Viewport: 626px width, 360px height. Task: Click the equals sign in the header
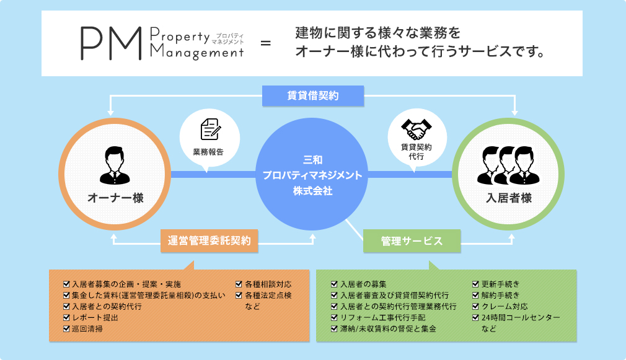click(x=266, y=44)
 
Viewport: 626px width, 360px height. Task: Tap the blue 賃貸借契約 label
click(x=312, y=95)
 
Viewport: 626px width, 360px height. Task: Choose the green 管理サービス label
click(x=412, y=241)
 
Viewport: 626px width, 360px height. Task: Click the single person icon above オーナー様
click(x=115, y=164)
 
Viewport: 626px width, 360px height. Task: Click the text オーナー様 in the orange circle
click(x=115, y=198)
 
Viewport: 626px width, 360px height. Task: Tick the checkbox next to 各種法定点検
click(x=239, y=296)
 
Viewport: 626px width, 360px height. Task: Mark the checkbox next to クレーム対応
click(x=476, y=306)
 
